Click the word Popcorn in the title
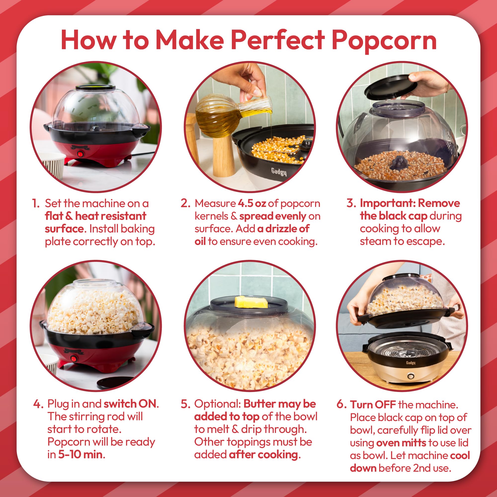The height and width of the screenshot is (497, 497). coord(384,40)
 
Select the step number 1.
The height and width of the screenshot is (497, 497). coord(36,203)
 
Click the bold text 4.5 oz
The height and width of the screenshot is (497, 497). coord(252,203)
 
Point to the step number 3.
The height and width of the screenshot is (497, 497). coord(351,203)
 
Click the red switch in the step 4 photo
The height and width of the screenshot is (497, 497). coord(74,359)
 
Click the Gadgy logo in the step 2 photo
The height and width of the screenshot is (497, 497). coord(279,172)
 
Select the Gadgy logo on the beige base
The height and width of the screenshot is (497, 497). coord(411,363)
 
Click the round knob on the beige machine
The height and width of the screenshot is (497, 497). coord(411,376)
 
